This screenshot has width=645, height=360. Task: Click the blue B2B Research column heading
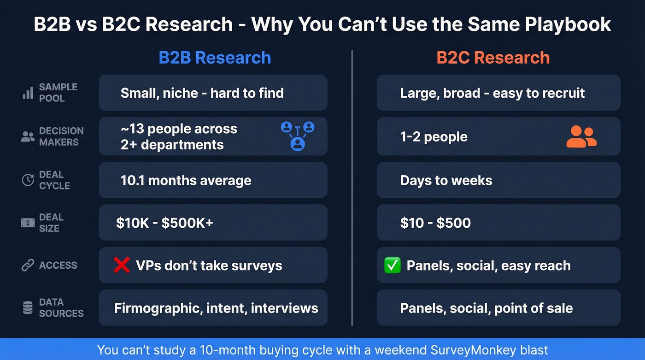coord(215,58)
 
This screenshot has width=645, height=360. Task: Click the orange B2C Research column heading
coord(493,58)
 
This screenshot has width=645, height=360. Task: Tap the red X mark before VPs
coord(122,265)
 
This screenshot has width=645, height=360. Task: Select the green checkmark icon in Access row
coord(392,266)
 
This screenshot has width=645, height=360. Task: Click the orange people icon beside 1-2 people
coord(581,137)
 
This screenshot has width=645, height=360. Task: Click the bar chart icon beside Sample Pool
coord(28,93)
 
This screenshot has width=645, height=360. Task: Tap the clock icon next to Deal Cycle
coord(28,180)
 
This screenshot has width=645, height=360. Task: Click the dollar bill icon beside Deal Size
coord(28,223)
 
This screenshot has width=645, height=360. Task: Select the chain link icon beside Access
coord(28,266)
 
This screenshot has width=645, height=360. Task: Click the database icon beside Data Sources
coord(28,308)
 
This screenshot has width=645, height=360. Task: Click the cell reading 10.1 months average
coord(213,180)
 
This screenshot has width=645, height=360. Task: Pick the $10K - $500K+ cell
coord(213,223)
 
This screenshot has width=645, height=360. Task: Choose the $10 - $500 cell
coord(498,223)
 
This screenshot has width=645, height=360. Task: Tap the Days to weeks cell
coord(498,180)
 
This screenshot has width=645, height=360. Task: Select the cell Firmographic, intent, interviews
coord(213,308)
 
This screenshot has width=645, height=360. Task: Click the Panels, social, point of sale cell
coord(498,308)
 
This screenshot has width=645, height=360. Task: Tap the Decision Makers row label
coord(61,136)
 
